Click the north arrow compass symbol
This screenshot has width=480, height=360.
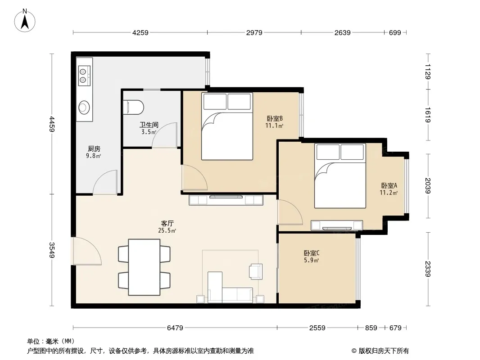(x=25, y=21)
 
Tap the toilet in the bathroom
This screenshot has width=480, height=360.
(x=133, y=108)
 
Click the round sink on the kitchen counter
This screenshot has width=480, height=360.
(x=84, y=107)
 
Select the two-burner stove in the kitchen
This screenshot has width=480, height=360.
(x=84, y=76)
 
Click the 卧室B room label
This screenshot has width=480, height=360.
(x=275, y=118)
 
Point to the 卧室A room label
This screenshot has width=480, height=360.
(x=389, y=186)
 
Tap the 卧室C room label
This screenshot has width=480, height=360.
(x=312, y=253)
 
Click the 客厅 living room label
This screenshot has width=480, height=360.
(x=168, y=224)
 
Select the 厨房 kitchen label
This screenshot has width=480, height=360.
(x=94, y=149)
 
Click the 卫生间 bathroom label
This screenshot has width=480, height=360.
(x=149, y=125)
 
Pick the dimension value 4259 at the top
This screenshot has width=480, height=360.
(x=140, y=32)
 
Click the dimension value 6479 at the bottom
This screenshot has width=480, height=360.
(x=175, y=328)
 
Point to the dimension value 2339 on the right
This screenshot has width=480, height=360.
(x=428, y=269)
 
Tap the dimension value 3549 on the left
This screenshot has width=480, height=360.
(x=52, y=250)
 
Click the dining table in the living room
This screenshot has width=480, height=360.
(x=144, y=267)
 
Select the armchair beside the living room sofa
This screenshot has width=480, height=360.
(x=256, y=272)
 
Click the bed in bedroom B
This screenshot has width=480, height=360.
(x=227, y=126)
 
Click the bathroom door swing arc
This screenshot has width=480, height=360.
(x=165, y=135)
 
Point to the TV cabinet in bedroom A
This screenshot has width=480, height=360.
(x=337, y=225)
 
